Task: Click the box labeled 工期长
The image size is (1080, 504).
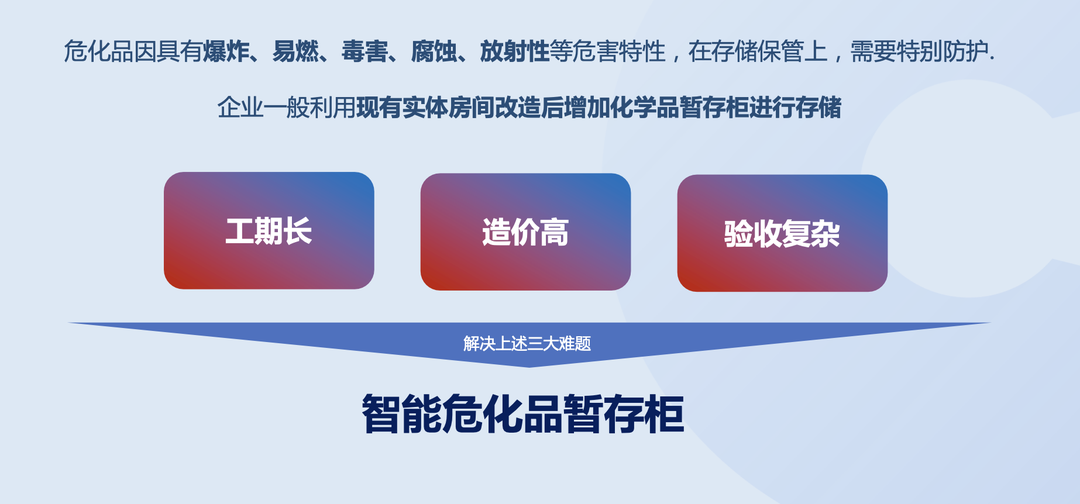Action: (269, 231)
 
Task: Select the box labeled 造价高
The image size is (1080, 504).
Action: (526, 232)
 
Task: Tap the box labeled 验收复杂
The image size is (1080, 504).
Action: (782, 233)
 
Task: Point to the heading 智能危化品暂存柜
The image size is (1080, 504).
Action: (523, 414)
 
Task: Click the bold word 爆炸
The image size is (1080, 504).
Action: (225, 52)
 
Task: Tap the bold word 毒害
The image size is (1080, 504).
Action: (364, 52)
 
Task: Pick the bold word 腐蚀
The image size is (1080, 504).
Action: (434, 52)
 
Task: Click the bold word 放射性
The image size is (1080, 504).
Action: (515, 52)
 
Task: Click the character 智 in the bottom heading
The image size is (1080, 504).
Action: (382, 414)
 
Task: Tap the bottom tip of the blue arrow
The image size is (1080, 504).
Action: (528, 367)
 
